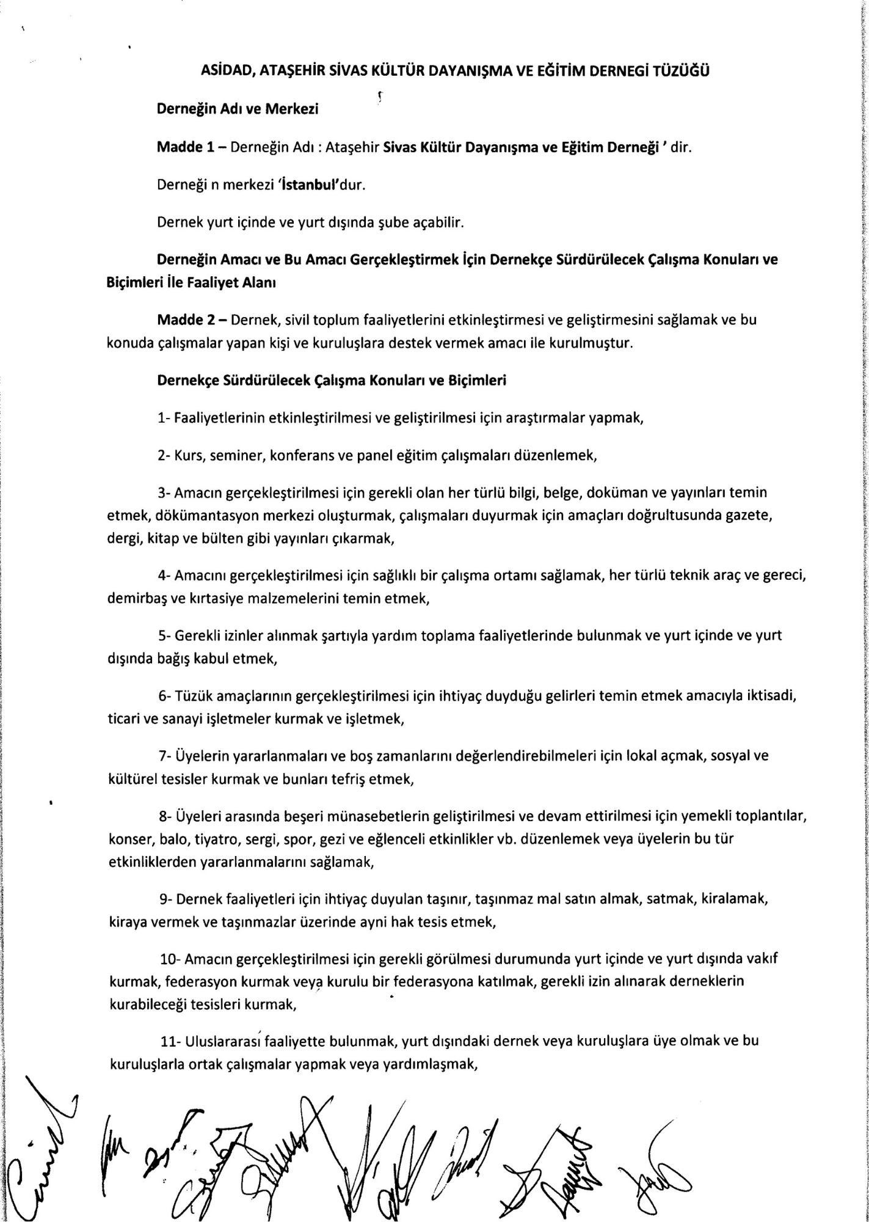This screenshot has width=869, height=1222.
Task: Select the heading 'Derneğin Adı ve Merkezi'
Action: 238,109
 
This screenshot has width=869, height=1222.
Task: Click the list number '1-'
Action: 164,419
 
